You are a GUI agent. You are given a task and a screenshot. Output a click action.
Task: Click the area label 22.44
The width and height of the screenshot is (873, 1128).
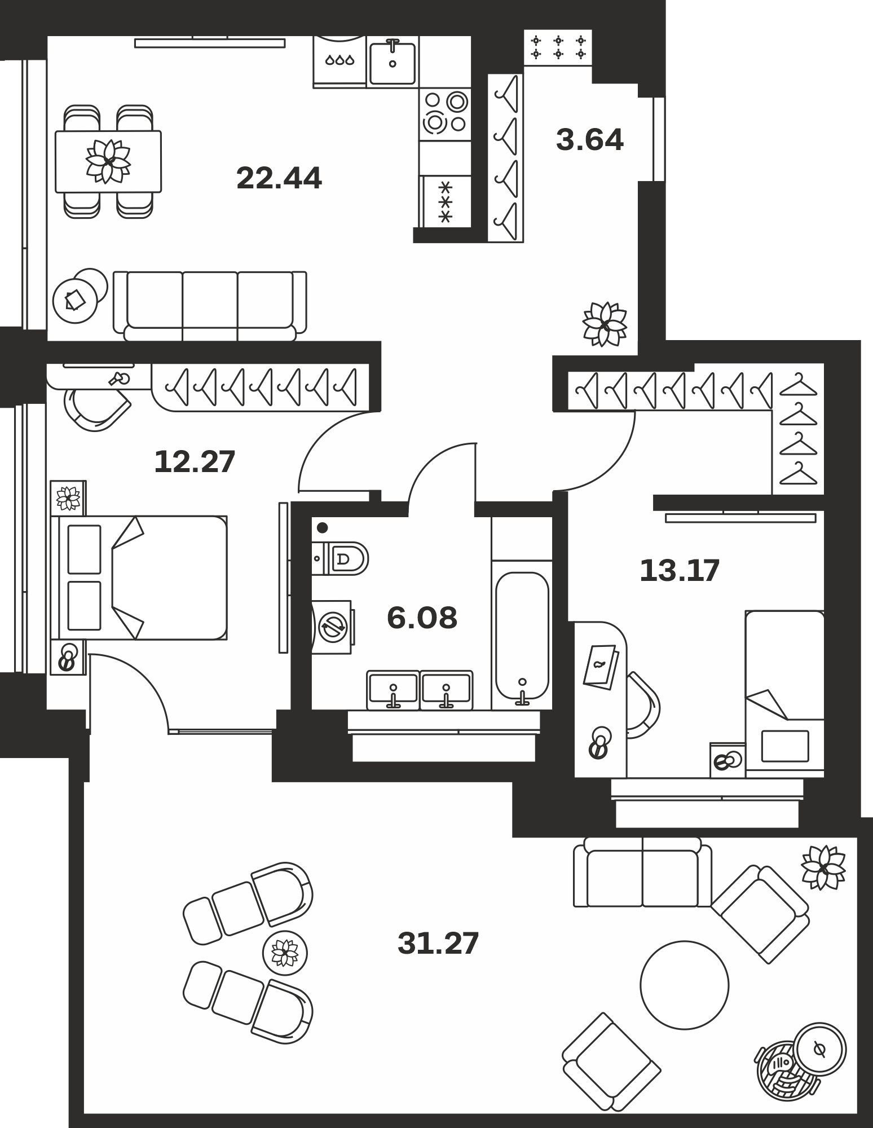point(279,178)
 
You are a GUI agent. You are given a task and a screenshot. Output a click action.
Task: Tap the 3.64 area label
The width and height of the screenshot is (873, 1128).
point(590,140)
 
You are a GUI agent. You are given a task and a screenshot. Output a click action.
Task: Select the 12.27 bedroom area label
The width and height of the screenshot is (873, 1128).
point(195,461)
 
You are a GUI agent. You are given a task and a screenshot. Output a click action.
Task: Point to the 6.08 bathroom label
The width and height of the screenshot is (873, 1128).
point(422,618)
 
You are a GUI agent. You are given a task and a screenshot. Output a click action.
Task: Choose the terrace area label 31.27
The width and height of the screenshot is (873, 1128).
point(438,942)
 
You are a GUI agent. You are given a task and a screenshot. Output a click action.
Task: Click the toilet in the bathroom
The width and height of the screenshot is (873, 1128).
point(340,559)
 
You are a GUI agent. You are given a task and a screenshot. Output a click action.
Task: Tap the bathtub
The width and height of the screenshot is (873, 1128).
point(522,636)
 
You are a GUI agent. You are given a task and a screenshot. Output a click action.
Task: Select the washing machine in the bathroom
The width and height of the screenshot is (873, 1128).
point(333,627)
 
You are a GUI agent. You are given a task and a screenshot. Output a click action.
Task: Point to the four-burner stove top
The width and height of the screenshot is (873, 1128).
point(445,114)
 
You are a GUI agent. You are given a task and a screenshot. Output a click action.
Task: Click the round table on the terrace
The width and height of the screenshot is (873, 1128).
point(684,985)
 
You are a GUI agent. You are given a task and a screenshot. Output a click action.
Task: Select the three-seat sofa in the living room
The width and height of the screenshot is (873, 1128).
point(210,306)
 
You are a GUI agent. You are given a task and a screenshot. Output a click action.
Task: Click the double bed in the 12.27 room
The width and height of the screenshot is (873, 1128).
point(139,578)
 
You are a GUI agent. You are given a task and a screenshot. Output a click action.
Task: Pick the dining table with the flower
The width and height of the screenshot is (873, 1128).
point(108,161)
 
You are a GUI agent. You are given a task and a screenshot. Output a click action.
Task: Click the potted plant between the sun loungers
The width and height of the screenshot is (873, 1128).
point(285,954)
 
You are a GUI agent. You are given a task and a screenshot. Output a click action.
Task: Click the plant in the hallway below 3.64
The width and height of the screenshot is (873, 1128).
point(605,324)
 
